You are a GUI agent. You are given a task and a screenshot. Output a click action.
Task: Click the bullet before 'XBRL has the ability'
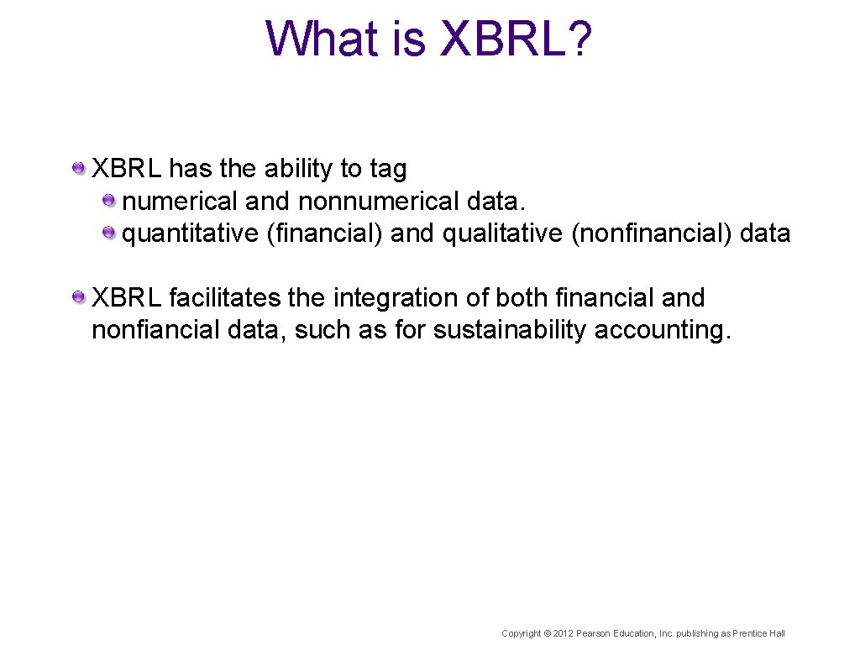tap(78, 169)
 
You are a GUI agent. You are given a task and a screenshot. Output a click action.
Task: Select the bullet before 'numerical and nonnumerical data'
tap(109, 201)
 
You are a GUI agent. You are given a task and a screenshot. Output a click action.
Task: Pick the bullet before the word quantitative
tap(109, 233)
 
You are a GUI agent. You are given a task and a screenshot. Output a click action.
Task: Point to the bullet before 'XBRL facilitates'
tap(78, 297)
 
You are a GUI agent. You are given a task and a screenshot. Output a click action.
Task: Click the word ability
tap(299, 170)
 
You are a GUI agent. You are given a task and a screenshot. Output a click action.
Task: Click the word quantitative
tap(191, 233)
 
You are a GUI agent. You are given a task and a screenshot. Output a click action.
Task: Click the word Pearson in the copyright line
tap(593, 633)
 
